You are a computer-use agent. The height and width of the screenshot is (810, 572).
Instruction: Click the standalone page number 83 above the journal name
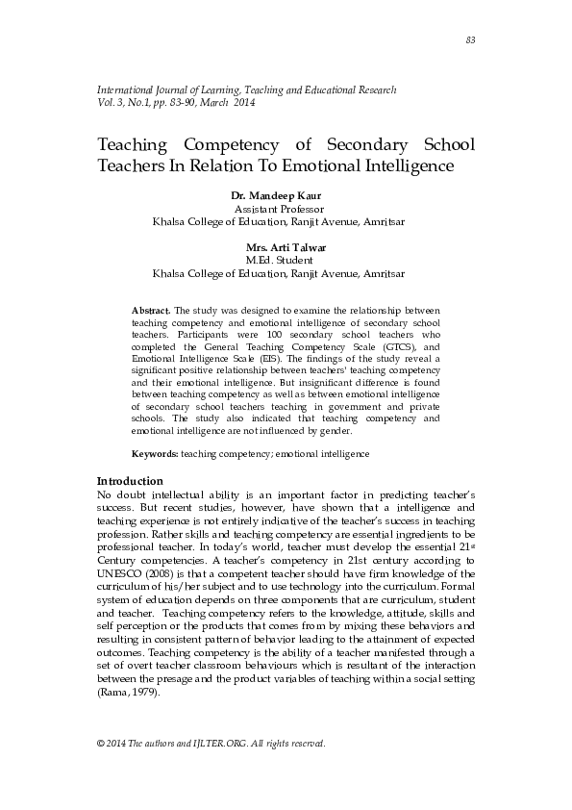click(470, 39)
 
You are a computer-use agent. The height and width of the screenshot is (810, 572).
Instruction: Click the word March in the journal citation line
click(214, 102)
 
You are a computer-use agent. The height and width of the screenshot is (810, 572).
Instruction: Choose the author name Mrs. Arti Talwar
click(279, 247)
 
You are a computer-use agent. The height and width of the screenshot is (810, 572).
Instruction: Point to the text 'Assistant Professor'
click(279, 208)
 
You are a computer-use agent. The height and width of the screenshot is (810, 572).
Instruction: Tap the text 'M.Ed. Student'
click(279, 260)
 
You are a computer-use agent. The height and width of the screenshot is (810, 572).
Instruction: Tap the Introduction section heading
click(130, 481)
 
